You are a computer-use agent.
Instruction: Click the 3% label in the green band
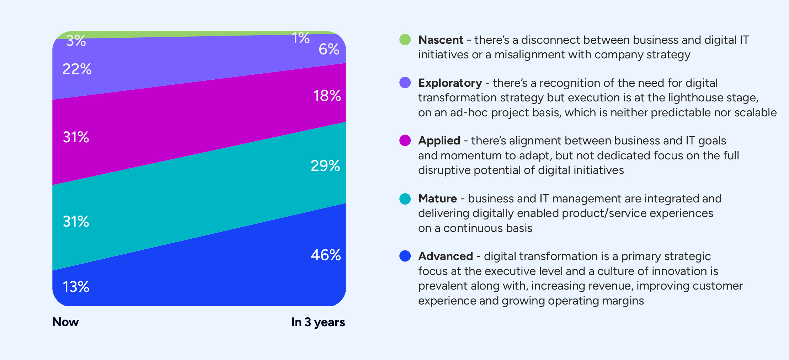click(x=76, y=41)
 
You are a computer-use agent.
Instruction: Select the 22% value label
click(x=77, y=69)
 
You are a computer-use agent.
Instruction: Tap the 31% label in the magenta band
click(x=76, y=137)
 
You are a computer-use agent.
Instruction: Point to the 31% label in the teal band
click(x=76, y=222)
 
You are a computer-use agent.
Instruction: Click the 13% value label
click(x=76, y=287)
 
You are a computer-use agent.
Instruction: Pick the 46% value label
click(x=326, y=255)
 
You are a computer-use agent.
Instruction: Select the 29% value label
click(x=325, y=166)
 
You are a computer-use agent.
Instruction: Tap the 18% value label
click(x=327, y=96)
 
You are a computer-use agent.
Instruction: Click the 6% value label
click(x=329, y=49)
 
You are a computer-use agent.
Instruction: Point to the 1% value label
click(x=300, y=38)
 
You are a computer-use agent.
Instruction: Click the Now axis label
click(x=65, y=322)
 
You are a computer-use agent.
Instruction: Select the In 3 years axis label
click(x=318, y=322)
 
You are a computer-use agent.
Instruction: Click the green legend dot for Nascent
click(x=405, y=39)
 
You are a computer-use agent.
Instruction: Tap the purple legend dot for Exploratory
click(x=405, y=83)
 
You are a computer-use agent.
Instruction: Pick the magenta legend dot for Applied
click(x=405, y=141)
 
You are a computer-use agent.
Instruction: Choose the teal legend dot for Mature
click(x=405, y=198)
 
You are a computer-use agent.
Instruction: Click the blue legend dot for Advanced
click(x=405, y=256)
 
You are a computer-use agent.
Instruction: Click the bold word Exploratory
click(x=450, y=83)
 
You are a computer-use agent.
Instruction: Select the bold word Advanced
click(x=445, y=256)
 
